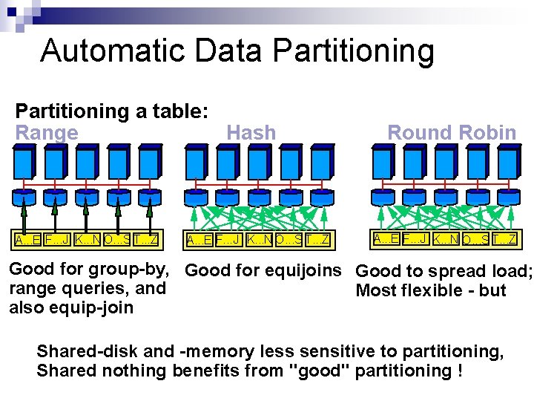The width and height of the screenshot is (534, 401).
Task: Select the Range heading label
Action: coord(47,133)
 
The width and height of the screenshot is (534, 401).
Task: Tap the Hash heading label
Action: coord(251,133)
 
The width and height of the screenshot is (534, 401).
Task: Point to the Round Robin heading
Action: coord(452,133)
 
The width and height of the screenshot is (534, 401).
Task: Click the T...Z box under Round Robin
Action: coord(503,239)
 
